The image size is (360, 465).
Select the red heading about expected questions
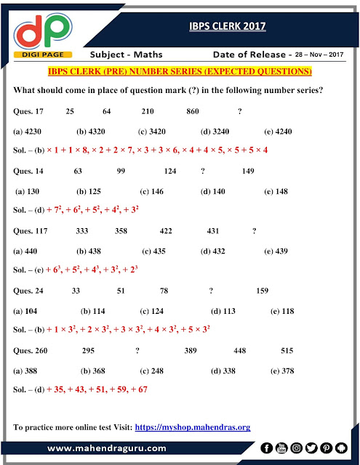[x=180, y=72]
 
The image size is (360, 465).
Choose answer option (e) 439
[x=280, y=251]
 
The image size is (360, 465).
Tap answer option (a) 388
[x=28, y=370]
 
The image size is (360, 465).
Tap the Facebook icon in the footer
[x=268, y=448]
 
